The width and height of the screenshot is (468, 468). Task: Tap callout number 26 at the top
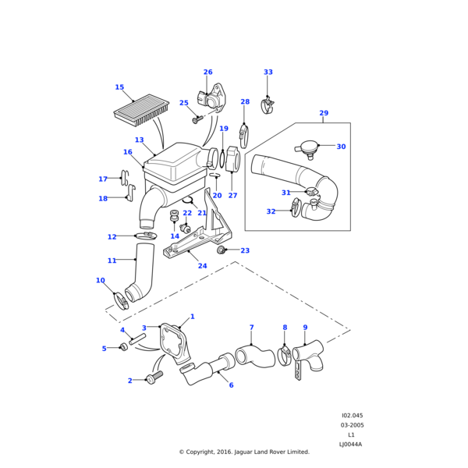[207, 73]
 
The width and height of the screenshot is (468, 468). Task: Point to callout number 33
[268, 73]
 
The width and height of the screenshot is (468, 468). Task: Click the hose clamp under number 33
[268, 105]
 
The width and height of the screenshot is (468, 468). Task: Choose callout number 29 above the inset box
[324, 113]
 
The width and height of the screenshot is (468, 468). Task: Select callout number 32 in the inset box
[271, 211]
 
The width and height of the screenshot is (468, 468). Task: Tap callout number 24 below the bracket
[202, 266]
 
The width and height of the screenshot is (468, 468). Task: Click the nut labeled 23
[222, 250]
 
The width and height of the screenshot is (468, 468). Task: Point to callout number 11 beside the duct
[112, 261]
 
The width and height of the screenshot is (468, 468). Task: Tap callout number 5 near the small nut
[104, 349]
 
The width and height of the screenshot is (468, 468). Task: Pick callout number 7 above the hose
[251, 327]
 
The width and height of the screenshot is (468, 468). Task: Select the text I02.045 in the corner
[352, 416]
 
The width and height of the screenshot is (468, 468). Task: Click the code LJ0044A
[350, 444]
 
